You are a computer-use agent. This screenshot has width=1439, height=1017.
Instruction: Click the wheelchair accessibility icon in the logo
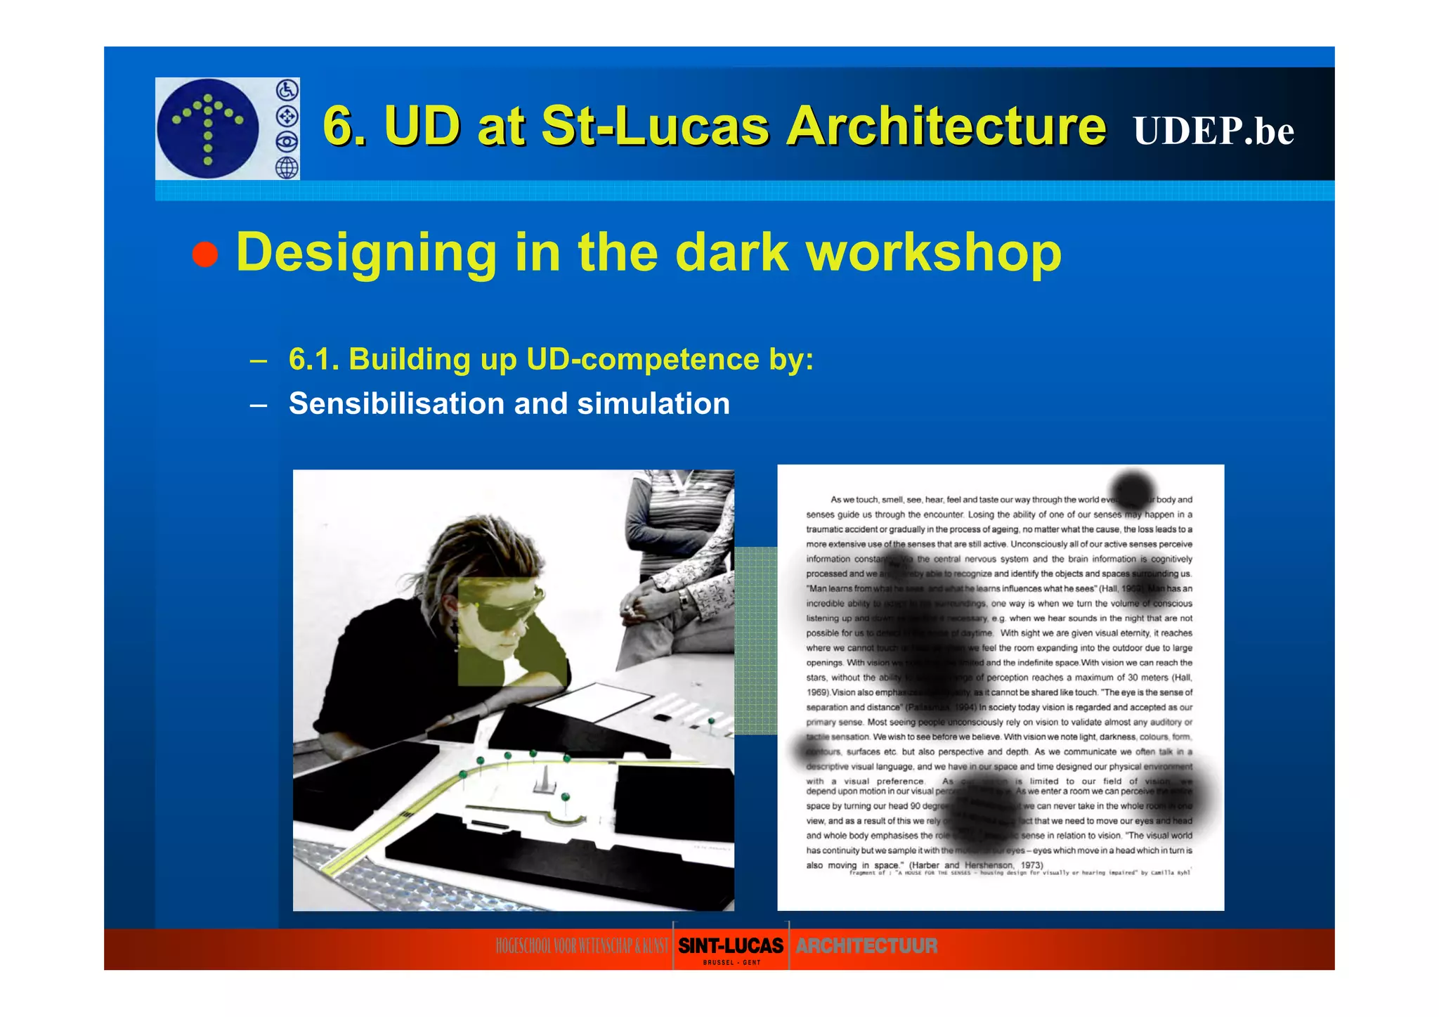click(x=287, y=90)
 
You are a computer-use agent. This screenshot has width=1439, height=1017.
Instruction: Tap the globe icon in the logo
click(x=287, y=168)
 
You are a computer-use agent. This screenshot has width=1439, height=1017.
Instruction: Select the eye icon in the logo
click(x=287, y=142)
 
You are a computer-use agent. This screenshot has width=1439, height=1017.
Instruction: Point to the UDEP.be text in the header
click(x=1213, y=131)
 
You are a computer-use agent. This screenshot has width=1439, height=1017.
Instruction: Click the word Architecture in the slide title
click(x=946, y=127)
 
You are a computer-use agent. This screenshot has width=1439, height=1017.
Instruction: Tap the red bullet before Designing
click(x=205, y=254)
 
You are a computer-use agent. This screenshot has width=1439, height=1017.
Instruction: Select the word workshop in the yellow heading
click(x=934, y=253)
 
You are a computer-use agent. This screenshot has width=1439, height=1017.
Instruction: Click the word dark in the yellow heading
click(x=731, y=252)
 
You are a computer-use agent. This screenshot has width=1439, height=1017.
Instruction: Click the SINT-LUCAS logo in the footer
click(x=731, y=946)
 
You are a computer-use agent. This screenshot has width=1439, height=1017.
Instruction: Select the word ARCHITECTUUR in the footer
click(x=866, y=946)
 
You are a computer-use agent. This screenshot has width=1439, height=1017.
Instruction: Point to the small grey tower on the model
click(x=542, y=778)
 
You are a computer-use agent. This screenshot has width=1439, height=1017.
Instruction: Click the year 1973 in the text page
click(x=1031, y=865)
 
